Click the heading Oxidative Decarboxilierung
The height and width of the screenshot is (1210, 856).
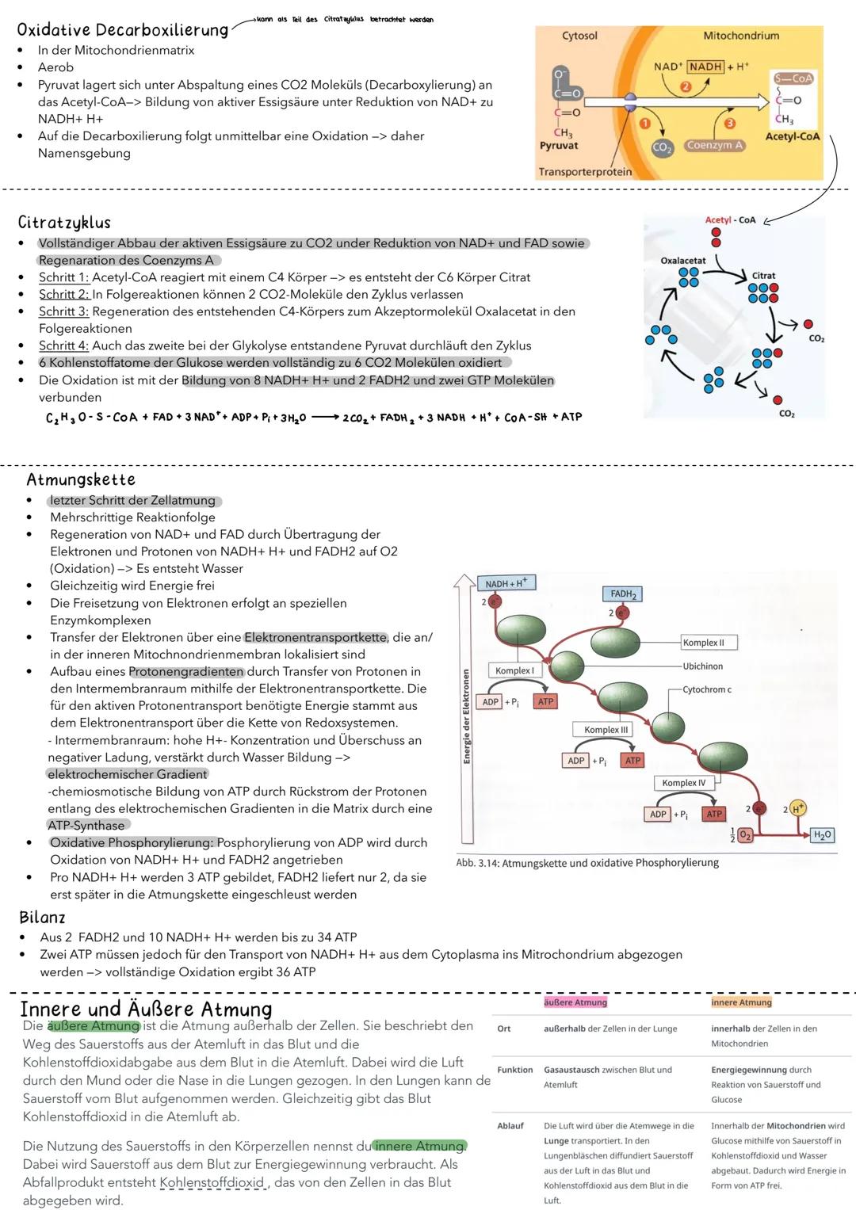[x=122, y=30]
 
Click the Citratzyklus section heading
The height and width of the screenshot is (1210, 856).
[x=64, y=223]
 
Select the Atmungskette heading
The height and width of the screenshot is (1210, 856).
[x=81, y=479]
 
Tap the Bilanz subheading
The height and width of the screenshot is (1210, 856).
[x=42, y=918]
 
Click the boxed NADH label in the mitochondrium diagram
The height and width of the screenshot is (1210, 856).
[x=705, y=67]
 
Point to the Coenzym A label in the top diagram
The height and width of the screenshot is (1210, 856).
[x=714, y=145]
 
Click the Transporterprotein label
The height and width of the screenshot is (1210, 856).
[x=585, y=172]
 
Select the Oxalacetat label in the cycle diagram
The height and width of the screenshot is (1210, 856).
[x=682, y=261]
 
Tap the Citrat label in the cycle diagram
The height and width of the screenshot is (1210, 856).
[x=763, y=276]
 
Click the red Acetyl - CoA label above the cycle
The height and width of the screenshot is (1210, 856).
[x=730, y=219]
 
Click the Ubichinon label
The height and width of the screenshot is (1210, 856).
[x=702, y=666]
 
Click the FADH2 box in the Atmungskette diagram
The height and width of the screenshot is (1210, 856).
[x=622, y=594]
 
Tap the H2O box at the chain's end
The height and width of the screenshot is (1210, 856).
[x=823, y=834]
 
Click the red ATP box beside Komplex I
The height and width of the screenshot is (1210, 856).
[x=545, y=701]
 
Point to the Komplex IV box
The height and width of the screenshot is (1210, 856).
[x=683, y=783]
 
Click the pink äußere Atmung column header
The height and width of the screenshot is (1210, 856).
[x=575, y=1002]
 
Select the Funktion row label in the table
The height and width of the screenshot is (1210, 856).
[x=514, y=1070]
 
